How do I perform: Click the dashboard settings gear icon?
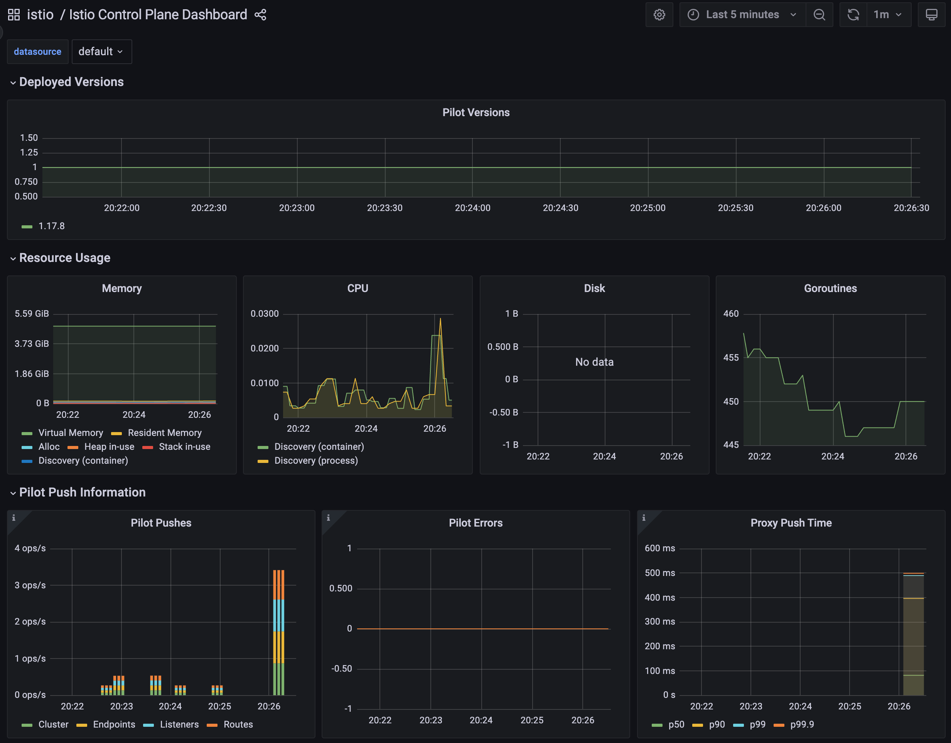click(659, 15)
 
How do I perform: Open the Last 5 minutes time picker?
click(742, 15)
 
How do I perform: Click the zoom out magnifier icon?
click(819, 15)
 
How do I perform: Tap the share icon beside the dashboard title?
click(260, 15)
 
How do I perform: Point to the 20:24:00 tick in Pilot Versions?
click(472, 208)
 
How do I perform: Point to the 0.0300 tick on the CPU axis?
click(265, 314)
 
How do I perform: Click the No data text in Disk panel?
click(594, 362)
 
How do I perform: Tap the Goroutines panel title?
click(830, 288)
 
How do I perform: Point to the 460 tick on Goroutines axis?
click(731, 314)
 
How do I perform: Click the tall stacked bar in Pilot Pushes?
click(279, 632)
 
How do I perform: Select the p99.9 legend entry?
click(794, 724)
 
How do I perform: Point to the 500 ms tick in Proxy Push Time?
click(660, 573)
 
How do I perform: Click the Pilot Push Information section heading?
click(82, 492)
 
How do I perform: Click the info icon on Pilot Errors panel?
click(328, 518)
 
